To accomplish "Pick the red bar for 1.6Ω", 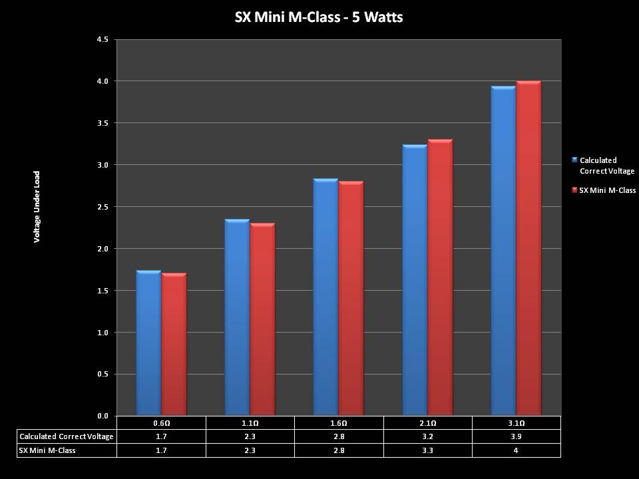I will click(351, 299).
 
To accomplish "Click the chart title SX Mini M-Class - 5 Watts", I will click(319, 17).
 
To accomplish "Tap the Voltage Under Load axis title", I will click(37, 207).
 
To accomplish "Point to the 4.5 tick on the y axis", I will click(103, 39).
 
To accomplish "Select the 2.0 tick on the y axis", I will click(103, 249).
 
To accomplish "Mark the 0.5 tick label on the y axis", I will click(103, 375).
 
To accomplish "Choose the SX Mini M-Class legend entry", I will click(606, 190).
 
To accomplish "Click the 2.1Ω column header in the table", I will click(427, 423).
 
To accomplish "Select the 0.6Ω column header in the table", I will click(161, 423).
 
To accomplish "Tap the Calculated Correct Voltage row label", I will click(67, 436).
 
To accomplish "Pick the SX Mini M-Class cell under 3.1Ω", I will click(516, 450).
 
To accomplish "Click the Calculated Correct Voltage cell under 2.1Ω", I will click(427, 436).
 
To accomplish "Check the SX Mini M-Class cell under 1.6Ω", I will click(339, 450).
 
